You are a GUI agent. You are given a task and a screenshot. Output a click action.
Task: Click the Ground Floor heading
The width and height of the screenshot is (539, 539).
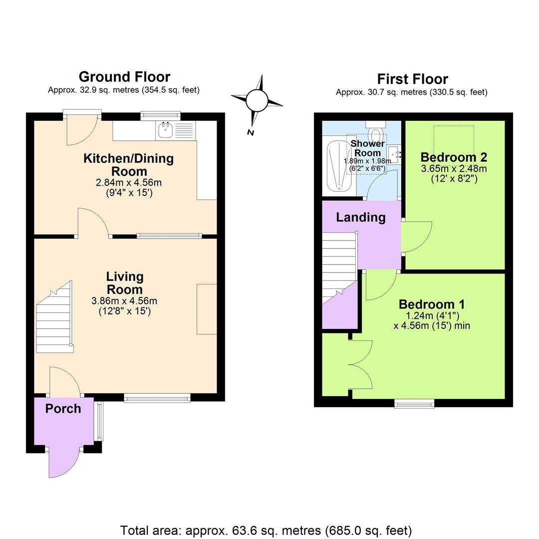coord(124,77)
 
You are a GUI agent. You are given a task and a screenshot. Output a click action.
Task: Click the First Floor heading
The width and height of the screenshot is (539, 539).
coord(412,79)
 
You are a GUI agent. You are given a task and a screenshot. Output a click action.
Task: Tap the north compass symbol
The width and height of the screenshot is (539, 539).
coord(257,102)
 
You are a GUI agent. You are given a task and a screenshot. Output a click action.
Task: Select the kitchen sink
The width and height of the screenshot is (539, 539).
coord(165,131)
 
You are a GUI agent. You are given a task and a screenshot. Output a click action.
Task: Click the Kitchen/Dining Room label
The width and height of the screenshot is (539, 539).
coord(128,165)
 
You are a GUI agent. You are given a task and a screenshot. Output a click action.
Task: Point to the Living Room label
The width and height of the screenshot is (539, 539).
coord(124,283)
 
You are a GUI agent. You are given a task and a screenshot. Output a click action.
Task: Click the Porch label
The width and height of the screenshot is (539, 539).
coord(63,409)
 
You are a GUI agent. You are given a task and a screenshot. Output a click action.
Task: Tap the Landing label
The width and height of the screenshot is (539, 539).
coord(360,218)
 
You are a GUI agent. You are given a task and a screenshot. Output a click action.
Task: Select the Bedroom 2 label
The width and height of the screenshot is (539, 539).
coord(454,157)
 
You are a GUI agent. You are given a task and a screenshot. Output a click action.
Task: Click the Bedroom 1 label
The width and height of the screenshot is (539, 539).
coord(432,304)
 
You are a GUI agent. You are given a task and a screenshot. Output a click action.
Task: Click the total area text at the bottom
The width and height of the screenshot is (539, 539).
coord(266,530)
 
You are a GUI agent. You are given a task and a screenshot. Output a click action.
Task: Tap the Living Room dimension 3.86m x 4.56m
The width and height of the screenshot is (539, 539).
coord(124,301)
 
